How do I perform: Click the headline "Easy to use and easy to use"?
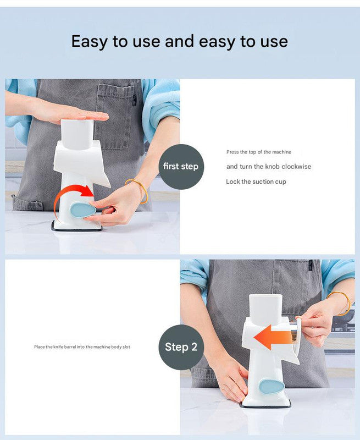[180, 41]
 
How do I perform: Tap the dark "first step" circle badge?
[181, 167]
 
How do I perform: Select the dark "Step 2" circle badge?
[181, 347]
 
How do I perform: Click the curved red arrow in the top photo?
[75, 195]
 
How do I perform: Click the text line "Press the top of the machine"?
[258, 152]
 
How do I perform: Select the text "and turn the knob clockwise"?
[269, 167]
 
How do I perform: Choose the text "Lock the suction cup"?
[256, 182]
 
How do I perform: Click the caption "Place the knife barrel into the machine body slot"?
[82, 347]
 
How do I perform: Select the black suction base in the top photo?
[77, 227]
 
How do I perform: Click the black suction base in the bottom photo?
[265, 405]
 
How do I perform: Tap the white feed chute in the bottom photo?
[265, 310]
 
